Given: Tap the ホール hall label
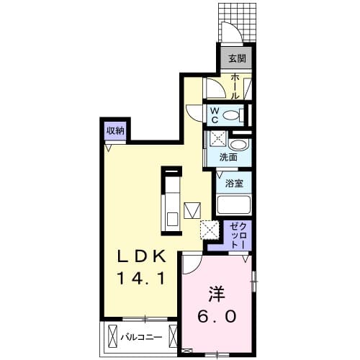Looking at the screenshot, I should [235, 86].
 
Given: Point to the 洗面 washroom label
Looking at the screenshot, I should [229, 157].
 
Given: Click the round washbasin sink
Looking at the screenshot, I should [240, 145].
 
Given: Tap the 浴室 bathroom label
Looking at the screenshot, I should [232, 183].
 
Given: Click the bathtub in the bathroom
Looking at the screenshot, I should [232, 204].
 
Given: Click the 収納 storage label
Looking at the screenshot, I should [115, 131].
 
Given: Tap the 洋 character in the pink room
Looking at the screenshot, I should [217, 294].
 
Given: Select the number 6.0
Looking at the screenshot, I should [217, 315].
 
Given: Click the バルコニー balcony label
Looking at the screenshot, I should [141, 336].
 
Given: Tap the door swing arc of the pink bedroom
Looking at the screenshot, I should [192, 265].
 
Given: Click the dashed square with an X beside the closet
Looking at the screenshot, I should [210, 229].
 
